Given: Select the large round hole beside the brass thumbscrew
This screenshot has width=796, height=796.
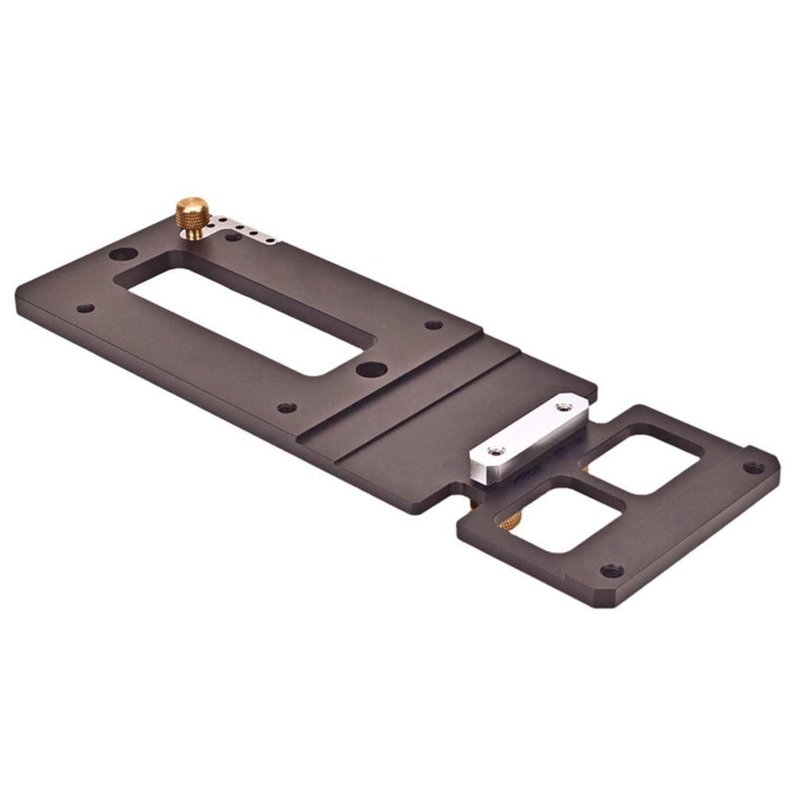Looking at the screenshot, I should pos(122,255).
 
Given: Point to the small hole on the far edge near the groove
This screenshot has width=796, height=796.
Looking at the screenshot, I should pos(433,324).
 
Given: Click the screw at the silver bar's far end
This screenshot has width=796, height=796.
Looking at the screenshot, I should pos(563,406).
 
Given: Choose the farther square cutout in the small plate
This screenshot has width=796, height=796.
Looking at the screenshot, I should pos(641,459).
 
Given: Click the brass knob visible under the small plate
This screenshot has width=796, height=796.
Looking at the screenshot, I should pos(510,521).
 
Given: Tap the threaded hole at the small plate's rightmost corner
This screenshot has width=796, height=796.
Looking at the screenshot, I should pos(751,467).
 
